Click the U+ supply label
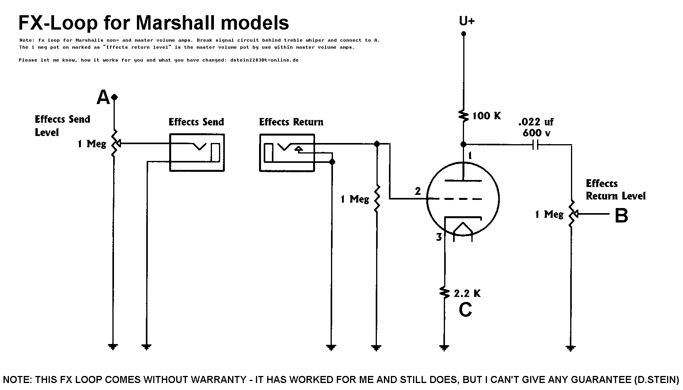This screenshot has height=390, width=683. coord(467,21)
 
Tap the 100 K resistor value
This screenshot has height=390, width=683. coord(487,116)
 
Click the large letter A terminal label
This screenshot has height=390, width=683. coord(103,97)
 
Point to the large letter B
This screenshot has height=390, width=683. coord(621,215)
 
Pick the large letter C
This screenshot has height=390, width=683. coord(466,310)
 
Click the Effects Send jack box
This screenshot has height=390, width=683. coord(197,152)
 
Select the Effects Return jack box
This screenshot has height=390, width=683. coord(287,152)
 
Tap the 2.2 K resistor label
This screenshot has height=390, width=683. coord(467,293)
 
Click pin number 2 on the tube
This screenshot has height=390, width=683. coord(418,191)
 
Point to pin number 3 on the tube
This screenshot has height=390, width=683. coord(439,237)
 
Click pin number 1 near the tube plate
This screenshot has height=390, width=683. coord(470,156)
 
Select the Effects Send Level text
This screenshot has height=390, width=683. coord(62,125)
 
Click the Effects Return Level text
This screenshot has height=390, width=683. coord(615,190)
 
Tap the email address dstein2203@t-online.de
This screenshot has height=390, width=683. coord(264,60)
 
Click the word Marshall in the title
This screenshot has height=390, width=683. coord(175,23)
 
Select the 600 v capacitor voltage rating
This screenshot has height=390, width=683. coord(536,132)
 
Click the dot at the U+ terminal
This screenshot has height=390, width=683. coord(463,34)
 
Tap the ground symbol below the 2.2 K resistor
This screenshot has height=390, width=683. coord(444,347)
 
